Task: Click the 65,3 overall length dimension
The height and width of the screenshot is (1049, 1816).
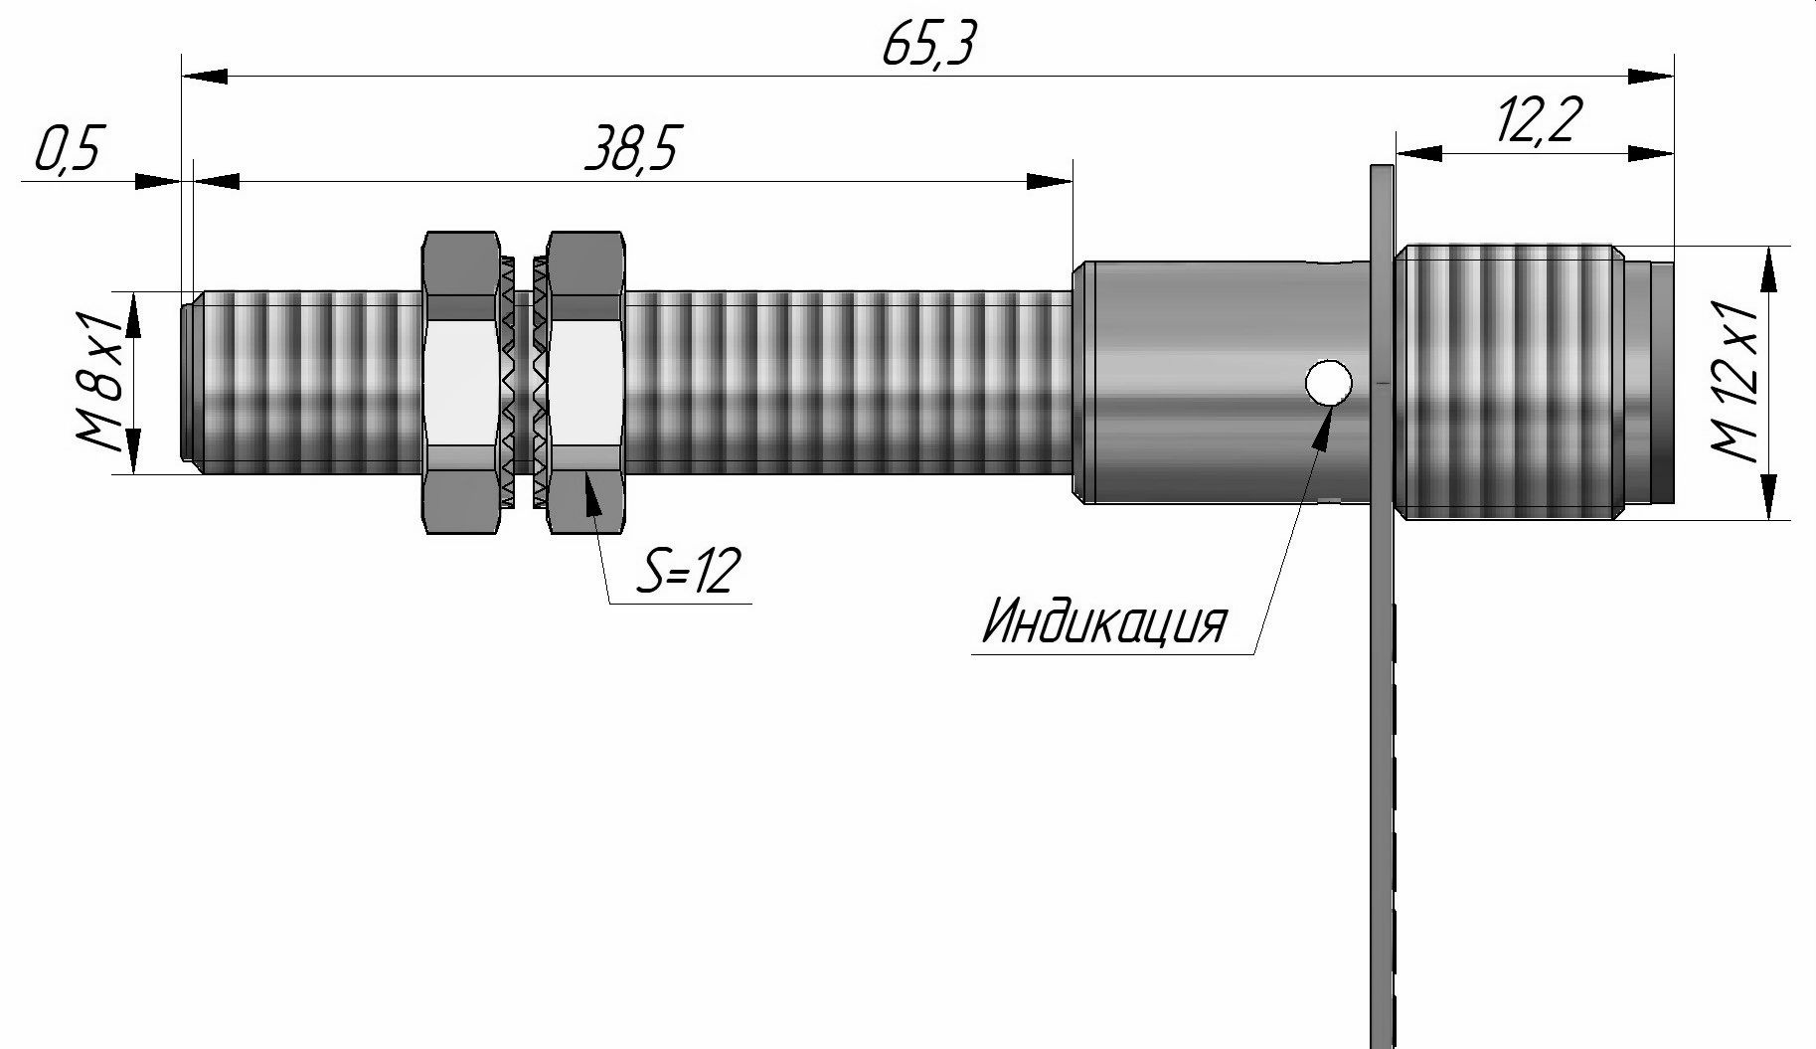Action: [926, 45]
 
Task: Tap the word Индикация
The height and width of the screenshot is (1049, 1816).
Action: [1104, 621]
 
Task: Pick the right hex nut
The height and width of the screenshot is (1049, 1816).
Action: [586, 383]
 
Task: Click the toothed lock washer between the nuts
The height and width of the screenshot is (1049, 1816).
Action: [523, 383]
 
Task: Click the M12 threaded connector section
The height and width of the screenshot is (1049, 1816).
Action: [1511, 383]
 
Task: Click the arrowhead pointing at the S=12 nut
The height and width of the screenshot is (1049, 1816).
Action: [592, 493]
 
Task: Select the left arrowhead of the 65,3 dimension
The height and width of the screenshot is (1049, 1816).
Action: [205, 76]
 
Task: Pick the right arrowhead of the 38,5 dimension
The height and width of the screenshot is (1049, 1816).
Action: [1050, 181]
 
